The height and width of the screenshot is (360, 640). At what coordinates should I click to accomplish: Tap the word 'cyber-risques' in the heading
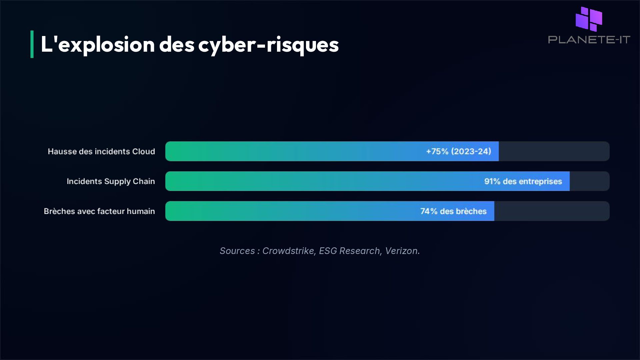[268, 45]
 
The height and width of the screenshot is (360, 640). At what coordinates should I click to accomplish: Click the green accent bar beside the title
[32, 44]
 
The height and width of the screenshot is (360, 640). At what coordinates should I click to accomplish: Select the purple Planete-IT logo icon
[589, 19]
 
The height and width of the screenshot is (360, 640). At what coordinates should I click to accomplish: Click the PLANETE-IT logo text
[589, 40]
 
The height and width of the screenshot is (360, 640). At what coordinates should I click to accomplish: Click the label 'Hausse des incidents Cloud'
[101, 151]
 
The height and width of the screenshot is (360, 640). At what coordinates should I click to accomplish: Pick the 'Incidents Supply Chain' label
[111, 181]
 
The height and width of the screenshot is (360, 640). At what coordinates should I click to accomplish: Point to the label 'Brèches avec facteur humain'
[99, 211]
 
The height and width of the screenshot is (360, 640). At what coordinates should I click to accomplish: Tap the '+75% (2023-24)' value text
[458, 151]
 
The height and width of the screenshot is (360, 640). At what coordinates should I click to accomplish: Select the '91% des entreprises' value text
[523, 181]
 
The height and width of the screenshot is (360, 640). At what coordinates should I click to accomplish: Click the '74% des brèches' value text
[453, 211]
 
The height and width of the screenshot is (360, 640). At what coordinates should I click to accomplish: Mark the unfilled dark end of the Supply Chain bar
[589, 181]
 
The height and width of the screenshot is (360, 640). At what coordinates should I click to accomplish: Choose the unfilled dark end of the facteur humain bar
[552, 211]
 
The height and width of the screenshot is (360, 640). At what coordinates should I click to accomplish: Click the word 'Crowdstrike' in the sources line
[288, 251]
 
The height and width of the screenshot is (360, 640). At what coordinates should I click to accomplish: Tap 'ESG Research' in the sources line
[349, 251]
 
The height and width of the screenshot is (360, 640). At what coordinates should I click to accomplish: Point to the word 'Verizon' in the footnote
[401, 251]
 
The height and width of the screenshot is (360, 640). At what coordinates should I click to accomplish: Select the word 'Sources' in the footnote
[237, 251]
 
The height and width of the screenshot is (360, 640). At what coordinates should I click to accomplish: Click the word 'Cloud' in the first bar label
[144, 151]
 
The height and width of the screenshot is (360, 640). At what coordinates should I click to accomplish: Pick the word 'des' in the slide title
[177, 45]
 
